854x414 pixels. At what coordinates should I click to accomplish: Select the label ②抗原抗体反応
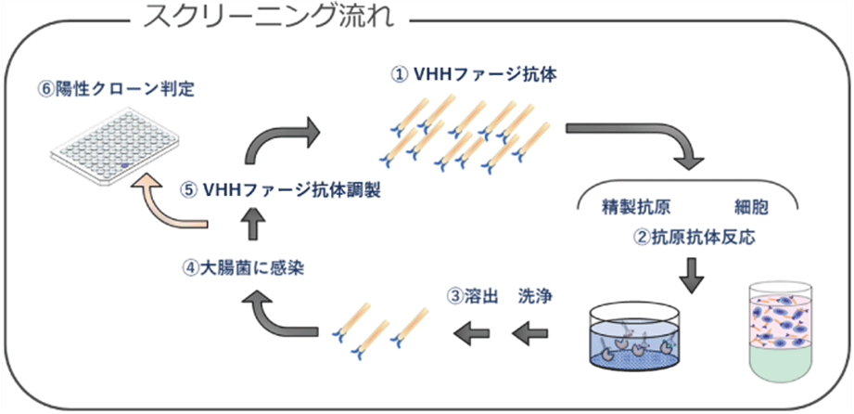(695, 236)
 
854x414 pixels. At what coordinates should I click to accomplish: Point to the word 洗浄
(536, 297)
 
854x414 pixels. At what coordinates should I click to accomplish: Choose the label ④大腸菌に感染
(244, 268)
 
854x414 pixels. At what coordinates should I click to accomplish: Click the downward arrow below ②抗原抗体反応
(694, 275)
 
